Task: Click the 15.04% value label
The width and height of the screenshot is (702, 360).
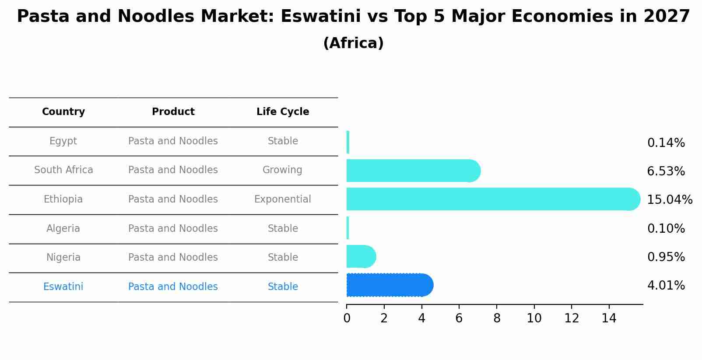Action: tap(670, 200)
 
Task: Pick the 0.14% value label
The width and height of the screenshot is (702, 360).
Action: tap(666, 143)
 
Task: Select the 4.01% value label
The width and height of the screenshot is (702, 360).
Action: tap(666, 286)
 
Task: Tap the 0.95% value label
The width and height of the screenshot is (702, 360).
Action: tap(666, 257)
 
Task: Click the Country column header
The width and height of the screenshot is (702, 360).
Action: tap(63, 112)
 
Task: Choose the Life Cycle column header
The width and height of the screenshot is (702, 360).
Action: tap(283, 112)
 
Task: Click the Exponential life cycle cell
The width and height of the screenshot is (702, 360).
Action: tap(283, 199)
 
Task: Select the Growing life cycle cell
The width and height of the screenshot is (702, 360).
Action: tap(282, 170)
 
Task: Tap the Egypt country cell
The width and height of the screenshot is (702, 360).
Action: tap(63, 141)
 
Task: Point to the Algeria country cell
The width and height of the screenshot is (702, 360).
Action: tap(63, 229)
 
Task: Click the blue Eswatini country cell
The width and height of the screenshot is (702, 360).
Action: tap(63, 287)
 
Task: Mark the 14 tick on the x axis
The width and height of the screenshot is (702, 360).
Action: tap(609, 318)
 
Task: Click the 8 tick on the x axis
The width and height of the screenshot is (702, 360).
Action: tap(497, 318)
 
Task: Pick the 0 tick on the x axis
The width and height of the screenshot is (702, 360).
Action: tap(347, 318)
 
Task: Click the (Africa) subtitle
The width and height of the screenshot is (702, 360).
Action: tap(353, 43)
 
